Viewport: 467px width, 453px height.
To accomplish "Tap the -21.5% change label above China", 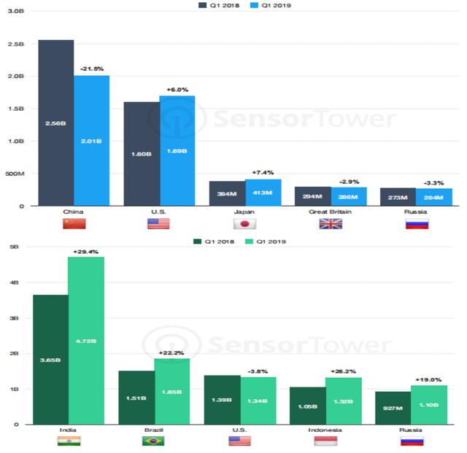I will [91, 69].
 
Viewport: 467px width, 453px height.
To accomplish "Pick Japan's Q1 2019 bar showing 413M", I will [263, 193].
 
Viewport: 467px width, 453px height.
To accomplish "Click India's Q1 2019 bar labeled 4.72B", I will [86, 340].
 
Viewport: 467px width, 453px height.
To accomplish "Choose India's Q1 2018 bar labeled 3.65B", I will [50, 359].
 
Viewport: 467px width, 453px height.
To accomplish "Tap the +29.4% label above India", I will [86, 251].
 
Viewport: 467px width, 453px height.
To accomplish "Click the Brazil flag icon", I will [153, 441].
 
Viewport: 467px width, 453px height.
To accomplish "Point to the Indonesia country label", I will [325, 430].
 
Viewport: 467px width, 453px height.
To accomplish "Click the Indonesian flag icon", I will [325, 441].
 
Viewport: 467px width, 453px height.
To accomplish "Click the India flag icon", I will [69, 441].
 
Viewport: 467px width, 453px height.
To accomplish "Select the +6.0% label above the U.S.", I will [177, 89].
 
